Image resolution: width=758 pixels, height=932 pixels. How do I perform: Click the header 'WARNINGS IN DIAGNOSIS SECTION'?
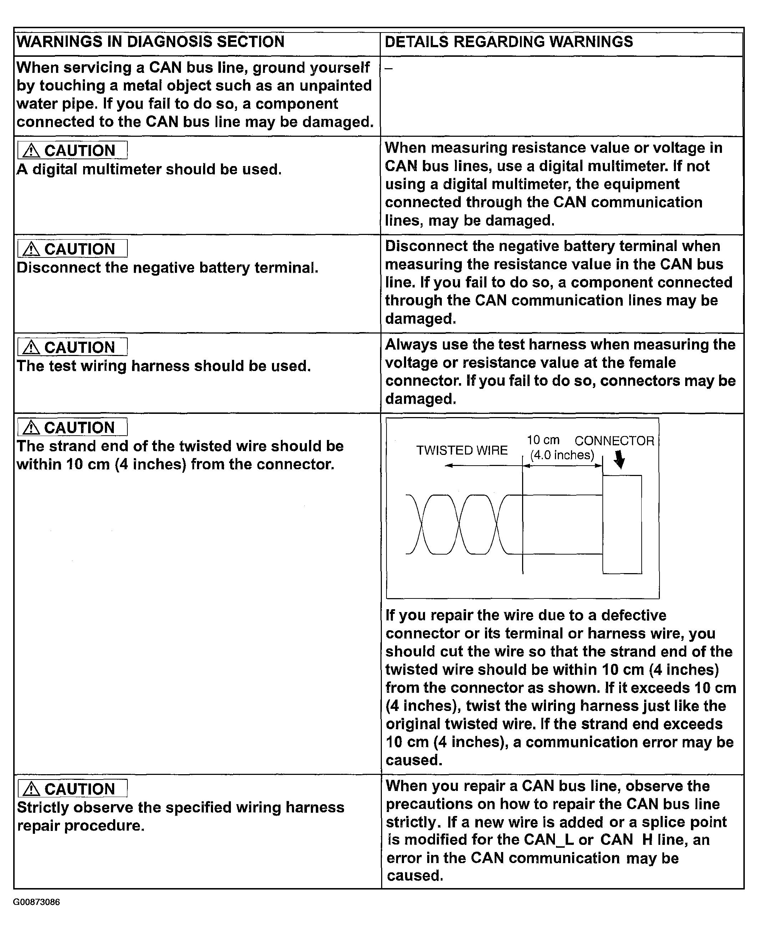[150, 42]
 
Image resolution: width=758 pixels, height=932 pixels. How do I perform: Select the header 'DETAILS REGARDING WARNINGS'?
[508, 42]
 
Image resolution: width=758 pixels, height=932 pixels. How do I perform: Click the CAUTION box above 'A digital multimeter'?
[72, 150]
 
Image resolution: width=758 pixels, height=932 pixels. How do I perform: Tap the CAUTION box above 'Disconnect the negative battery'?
[72, 249]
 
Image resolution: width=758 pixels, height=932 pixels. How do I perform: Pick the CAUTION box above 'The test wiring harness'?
[72, 347]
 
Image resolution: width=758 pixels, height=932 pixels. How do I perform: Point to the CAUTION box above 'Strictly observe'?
[72, 789]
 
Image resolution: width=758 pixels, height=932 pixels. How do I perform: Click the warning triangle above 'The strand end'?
[31, 427]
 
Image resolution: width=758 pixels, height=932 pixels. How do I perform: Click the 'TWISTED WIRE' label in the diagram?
[461, 451]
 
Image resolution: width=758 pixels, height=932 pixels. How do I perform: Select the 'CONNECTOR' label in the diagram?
[614, 441]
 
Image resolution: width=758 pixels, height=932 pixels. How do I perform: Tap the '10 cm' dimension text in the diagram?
[543, 440]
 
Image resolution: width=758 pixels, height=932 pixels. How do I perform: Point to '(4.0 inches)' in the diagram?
[562, 455]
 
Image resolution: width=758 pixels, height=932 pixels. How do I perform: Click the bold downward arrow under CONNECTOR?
[620, 460]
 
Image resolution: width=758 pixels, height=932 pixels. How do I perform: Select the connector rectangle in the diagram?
[622, 524]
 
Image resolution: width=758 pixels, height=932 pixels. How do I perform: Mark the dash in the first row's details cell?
[388, 69]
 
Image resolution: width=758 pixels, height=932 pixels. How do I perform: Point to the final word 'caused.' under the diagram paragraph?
[414, 760]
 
